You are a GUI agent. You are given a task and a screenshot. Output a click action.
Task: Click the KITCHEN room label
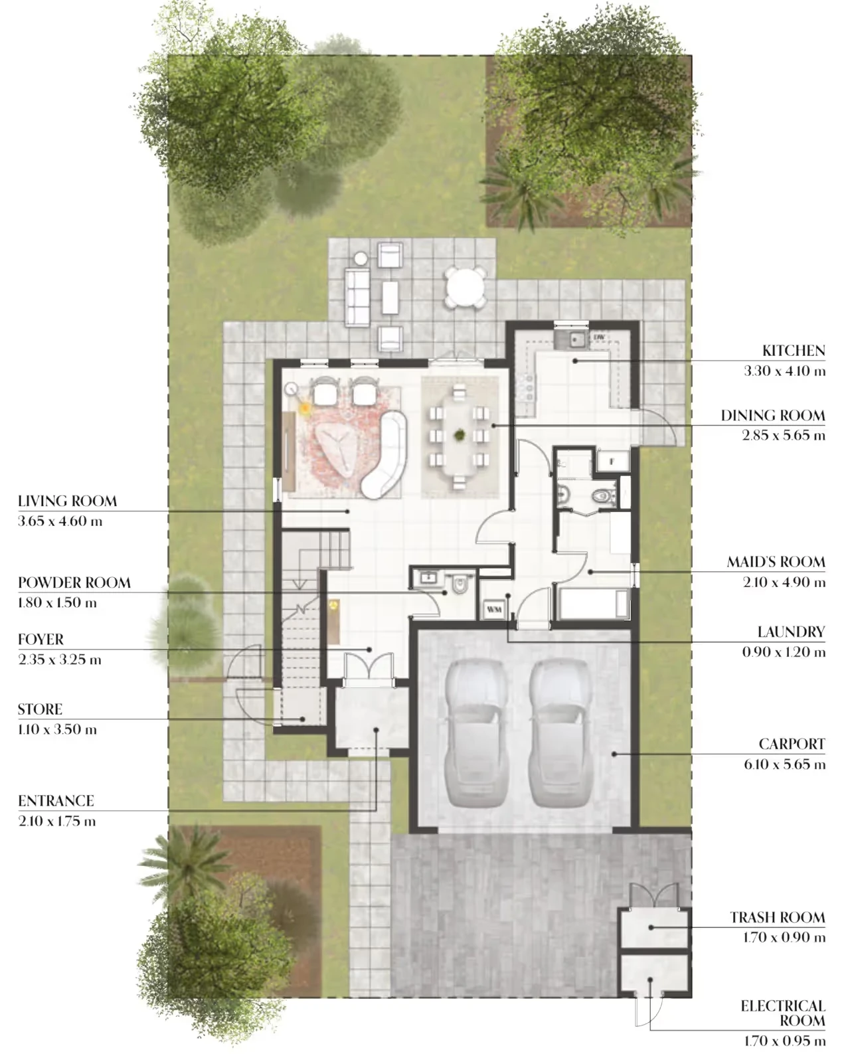click(793, 351)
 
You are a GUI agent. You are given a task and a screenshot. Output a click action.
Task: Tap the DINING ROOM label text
click(772, 415)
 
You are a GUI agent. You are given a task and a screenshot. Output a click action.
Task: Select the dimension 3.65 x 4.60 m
click(60, 521)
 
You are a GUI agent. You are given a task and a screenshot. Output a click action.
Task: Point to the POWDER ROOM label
click(74, 582)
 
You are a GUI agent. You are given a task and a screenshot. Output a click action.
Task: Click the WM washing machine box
click(493, 609)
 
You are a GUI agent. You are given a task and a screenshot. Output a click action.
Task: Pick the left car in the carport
click(475, 733)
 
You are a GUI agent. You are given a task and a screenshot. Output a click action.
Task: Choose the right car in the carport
click(560, 733)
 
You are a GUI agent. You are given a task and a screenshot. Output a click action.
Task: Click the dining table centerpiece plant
click(460, 434)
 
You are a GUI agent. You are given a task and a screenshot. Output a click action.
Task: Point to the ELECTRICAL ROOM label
click(783, 1006)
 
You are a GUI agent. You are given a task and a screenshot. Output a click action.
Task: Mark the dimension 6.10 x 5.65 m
click(784, 764)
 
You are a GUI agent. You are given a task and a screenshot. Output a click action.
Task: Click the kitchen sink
click(570, 339)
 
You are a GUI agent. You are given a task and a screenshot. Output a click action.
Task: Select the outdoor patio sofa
click(357, 297)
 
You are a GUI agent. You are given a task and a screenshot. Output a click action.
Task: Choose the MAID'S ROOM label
click(776, 562)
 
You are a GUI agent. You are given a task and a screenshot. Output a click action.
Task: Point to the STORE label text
click(40, 709)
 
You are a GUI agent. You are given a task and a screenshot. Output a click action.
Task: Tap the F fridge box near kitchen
click(612, 462)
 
